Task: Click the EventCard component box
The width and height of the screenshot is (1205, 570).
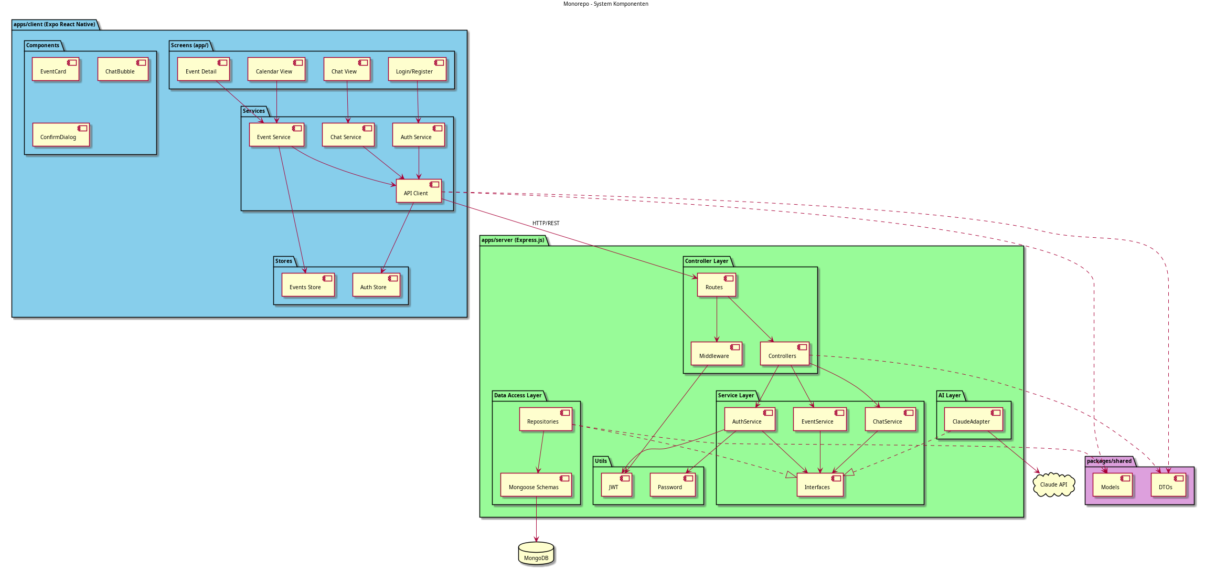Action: [56, 69]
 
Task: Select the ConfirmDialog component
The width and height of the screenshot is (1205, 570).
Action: [61, 135]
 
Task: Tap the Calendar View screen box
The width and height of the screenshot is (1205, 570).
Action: [276, 69]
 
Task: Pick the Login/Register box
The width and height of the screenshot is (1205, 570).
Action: [417, 69]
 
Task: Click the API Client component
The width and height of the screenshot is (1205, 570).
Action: [419, 191]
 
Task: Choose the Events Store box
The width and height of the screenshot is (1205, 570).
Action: [308, 285]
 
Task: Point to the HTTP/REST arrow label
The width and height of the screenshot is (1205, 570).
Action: [546, 224]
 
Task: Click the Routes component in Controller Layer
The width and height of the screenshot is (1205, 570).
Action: [717, 285]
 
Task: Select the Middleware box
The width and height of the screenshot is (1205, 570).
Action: [717, 354]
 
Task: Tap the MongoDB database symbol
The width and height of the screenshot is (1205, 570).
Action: [536, 554]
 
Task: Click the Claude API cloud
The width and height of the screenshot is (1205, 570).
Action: [1053, 484]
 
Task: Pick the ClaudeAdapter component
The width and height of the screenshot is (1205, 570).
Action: [973, 419]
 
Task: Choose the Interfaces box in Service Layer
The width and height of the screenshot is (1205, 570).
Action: [820, 485]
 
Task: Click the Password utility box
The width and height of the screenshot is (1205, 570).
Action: [673, 485]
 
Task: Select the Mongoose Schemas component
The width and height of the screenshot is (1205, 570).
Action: [536, 485]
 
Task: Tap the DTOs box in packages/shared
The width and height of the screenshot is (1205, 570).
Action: [1168, 485]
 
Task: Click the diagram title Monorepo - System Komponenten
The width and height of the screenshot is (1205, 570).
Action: [605, 4]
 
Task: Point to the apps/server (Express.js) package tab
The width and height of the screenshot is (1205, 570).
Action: [513, 240]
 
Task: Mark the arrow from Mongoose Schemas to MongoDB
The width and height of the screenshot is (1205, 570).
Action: [536, 520]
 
